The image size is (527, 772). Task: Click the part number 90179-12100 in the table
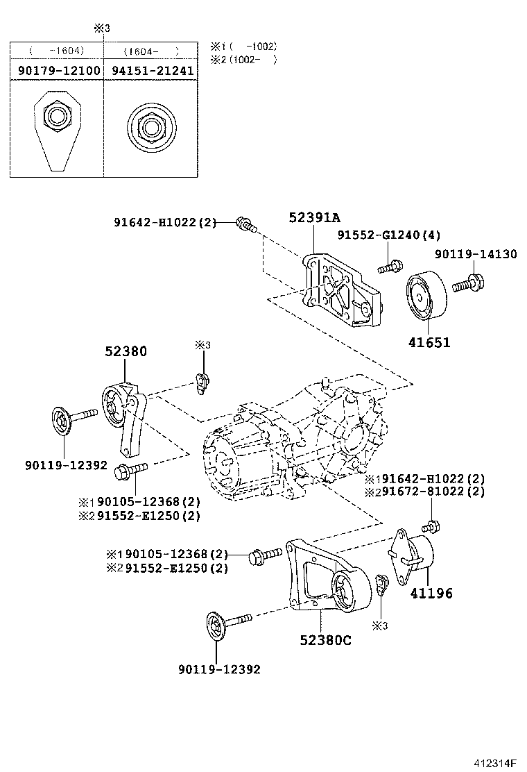pyautogui.click(x=56, y=71)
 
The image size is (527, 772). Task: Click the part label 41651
pyautogui.click(x=429, y=342)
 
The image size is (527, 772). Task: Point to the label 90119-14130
pyautogui.click(x=476, y=254)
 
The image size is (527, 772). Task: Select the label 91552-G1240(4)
pyautogui.click(x=389, y=235)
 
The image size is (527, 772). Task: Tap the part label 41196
pyautogui.click(x=431, y=593)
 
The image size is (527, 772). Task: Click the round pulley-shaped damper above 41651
pyautogui.click(x=424, y=295)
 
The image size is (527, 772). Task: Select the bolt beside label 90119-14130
pyautogui.click(x=469, y=283)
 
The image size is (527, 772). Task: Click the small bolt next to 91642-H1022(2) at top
pyautogui.click(x=246, y=224)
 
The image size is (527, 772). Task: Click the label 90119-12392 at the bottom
pyautogui.click(x=219, y=669)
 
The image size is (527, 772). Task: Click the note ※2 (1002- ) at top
pyautogui.click(x=244, y=60)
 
